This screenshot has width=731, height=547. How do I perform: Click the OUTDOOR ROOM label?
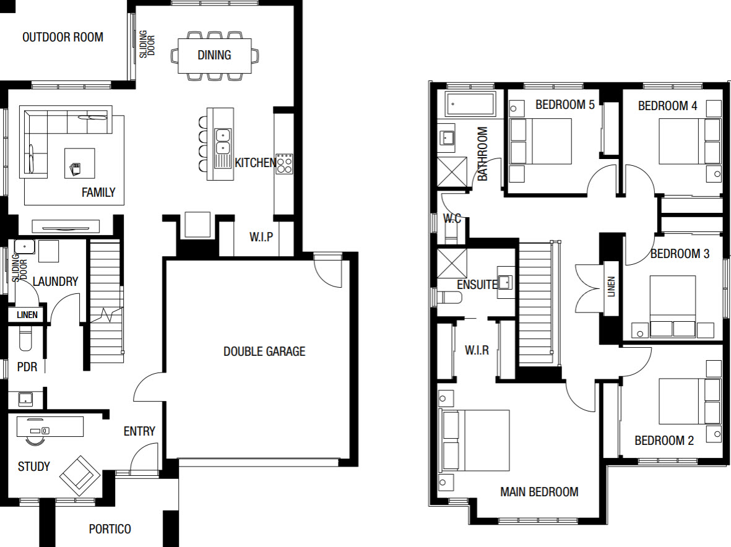(x=63, y=37)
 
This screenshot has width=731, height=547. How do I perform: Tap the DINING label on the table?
(x=214, y=55)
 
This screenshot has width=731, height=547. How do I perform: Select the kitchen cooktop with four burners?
(x=284, y=163)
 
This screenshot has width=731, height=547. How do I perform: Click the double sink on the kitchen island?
(x=223, y=142)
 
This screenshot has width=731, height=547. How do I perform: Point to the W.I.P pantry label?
(x=261, y=237)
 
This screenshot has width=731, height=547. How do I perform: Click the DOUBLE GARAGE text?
(x=264, y=351)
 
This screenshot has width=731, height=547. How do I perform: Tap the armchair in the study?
(x=80, y=475)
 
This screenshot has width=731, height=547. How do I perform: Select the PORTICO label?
(x=110, y=529)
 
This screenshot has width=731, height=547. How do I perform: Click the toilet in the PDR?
(x=25, y=338)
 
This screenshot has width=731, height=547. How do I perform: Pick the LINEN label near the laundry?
(x=27, y=315)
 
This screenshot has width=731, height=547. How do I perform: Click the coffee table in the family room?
(x=80, y=163)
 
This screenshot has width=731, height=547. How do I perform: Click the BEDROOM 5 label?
(x=565, y=105)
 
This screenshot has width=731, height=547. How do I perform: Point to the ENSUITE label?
(x=477, y=284)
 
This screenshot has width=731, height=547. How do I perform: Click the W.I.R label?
(x=477, y=350)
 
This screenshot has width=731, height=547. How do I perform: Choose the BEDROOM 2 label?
(x=664, y=441)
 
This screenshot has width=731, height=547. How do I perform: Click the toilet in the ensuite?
(x=449, y=297)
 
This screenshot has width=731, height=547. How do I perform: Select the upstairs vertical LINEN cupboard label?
(x=611, y=286)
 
